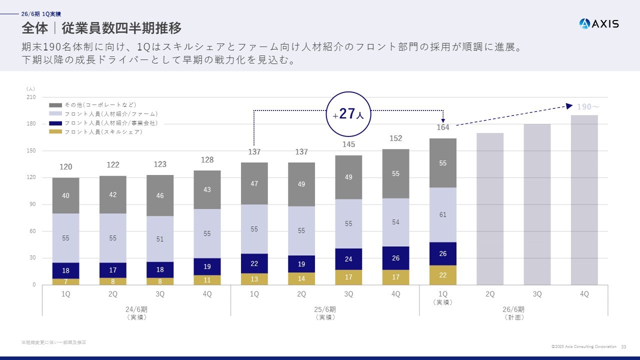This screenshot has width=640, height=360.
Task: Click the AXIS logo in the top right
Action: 598,23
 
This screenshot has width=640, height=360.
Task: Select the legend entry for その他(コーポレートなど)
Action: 93,105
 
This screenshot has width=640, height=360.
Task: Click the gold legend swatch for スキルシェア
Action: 55,132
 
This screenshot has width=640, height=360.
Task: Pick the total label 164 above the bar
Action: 443,127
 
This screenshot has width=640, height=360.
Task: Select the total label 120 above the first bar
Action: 66,167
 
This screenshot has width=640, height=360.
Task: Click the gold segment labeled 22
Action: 443,275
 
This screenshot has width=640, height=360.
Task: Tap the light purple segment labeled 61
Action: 443,215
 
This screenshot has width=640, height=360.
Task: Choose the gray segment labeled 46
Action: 160,195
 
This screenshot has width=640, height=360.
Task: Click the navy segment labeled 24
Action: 348,259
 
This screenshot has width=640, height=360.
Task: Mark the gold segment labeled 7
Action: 66,281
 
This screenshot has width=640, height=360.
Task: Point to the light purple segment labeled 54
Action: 395,222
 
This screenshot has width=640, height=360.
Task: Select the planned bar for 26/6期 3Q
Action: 537,204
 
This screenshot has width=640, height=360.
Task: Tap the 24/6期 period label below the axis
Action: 136,309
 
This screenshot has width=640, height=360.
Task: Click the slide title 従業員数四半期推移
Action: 121,27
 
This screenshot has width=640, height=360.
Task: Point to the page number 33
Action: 623,346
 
